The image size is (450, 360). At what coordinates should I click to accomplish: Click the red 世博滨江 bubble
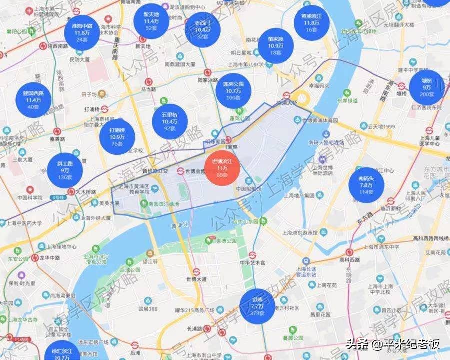(x=223, y=167)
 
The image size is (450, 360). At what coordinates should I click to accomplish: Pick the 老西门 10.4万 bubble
(x=203, y=29)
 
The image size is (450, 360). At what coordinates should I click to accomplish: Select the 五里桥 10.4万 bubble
(x=169, y=122)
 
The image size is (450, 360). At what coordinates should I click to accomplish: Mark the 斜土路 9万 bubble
(x=65, y=170)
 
